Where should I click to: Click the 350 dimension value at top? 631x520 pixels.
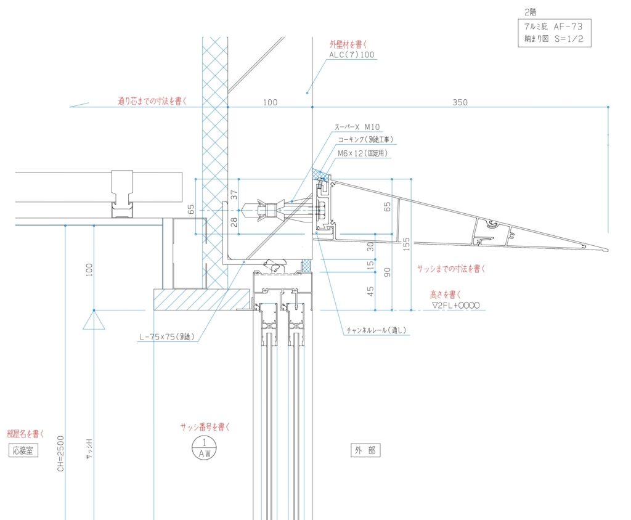click(x=460, y=102)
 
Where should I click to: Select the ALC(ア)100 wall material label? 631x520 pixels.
click(x=352, y=54)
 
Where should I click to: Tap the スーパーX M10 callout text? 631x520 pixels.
click(x=357, y=127)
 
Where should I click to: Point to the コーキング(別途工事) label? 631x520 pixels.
click(x=365, y=140)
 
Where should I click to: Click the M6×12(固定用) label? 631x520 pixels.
click(x=362, y=153)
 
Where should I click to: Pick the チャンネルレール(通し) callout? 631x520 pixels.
click(x=377, y=330)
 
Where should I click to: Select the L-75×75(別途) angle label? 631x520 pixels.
click(x=167, y=337)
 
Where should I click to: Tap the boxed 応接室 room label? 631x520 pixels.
click(x=23, y=450)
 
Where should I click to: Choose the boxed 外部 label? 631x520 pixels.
click(x=365, y=450)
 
